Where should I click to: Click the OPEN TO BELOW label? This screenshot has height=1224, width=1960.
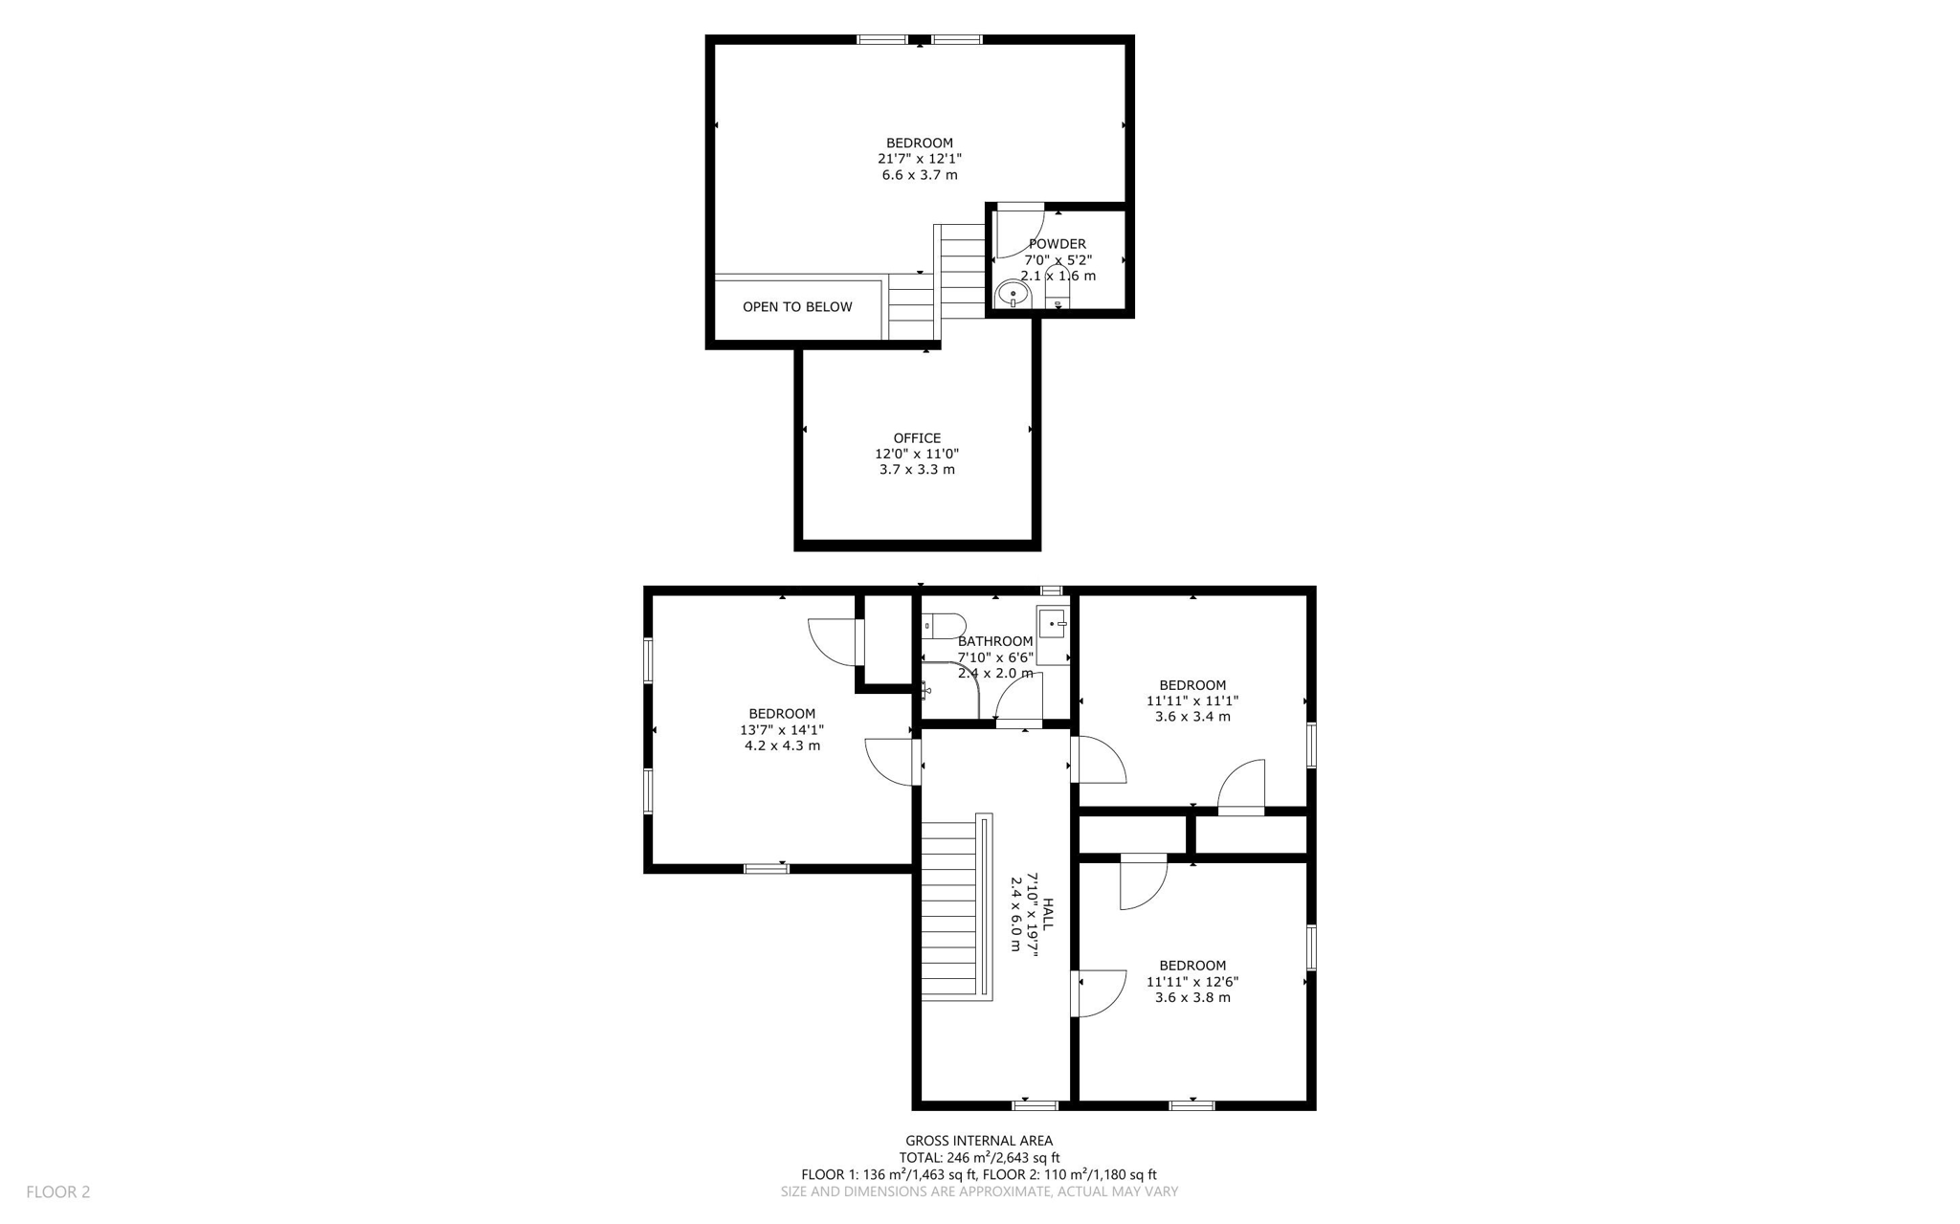(797, 307)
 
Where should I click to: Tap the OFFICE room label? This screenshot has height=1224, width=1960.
(917, 438)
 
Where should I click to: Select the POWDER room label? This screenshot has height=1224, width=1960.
(1058, 244)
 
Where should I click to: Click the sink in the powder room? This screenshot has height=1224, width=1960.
(1013, 295)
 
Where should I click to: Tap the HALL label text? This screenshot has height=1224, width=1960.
(1047, 914)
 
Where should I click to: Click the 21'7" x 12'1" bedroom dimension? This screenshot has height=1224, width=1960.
(919, 159)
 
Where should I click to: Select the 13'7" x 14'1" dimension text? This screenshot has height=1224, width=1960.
(782, 730)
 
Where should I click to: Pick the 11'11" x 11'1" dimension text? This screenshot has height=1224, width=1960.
(1192, 701)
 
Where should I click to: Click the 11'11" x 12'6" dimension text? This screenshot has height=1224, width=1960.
(1192, 981)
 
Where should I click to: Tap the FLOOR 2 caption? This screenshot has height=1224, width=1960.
(58, 1191)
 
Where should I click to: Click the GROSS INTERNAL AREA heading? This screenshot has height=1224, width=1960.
(979, 1141)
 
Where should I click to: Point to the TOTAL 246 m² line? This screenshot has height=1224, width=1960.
(979, 1158)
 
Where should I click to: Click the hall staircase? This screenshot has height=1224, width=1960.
(948, 909)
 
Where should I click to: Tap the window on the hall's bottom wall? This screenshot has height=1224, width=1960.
(1036, 1105)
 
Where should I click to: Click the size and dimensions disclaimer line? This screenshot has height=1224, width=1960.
(979, 1191)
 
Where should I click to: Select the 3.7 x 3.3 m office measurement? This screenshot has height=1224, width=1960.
(917, 470)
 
